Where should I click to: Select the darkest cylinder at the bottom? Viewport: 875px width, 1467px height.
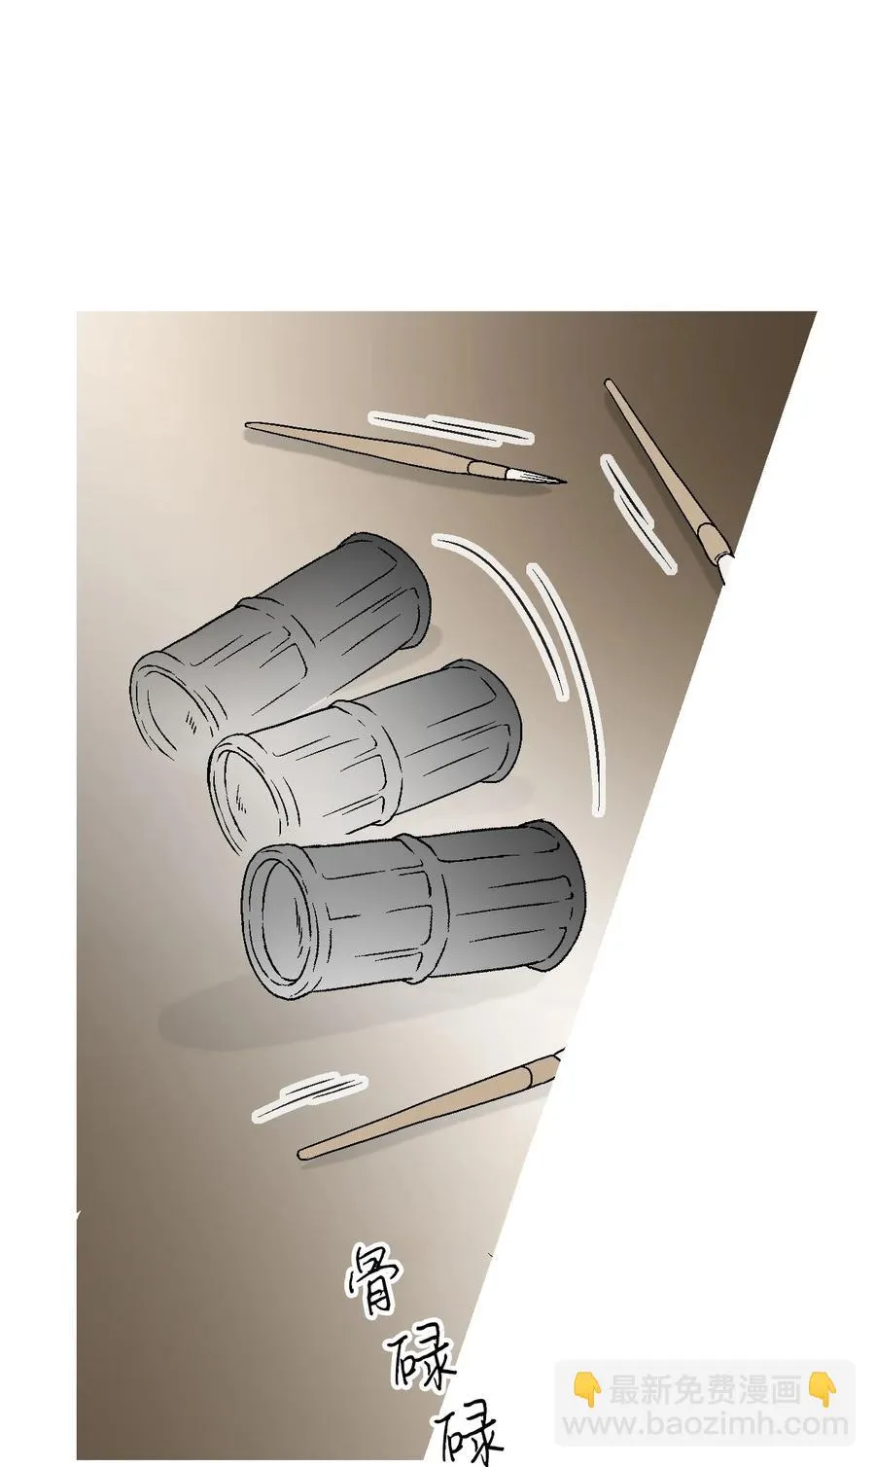coord(413,914)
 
